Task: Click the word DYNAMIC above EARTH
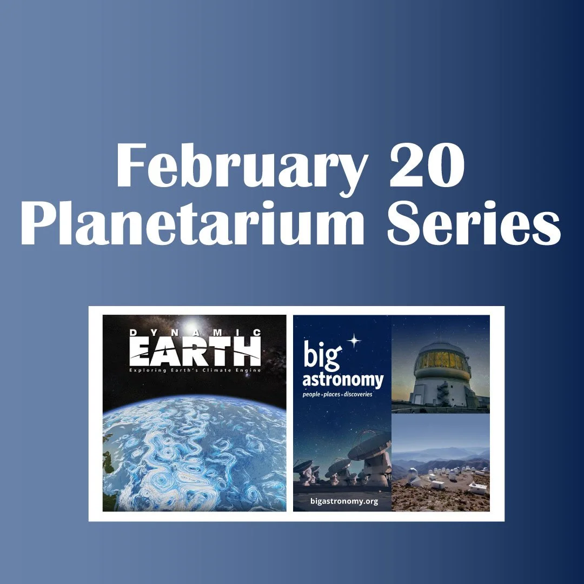point(195,333)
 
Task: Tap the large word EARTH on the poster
point(195,351)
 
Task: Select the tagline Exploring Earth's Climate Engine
point(195,370)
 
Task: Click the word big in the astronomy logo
point(322,356)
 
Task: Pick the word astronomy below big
point(342,380)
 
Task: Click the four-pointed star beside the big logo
point(354,340)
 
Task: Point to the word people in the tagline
point(313,394)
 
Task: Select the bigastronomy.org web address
point(344,501)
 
